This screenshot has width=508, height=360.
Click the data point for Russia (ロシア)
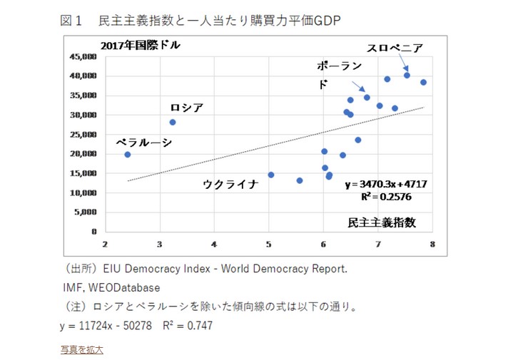point(173,122)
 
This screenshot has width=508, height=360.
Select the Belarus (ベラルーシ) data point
point(128,155)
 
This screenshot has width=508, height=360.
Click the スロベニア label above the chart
point(395,48)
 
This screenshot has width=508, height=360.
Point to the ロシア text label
point(187,108)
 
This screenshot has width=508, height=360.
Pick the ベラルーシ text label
point(144,143)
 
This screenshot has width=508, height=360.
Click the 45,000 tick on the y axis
point(84,56)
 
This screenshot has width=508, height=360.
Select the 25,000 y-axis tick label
point(84,134)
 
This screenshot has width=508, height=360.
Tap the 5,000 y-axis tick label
point(86,212)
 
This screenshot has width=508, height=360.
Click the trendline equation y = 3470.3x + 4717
point(386,184)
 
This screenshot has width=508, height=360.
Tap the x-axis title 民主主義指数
point(381,222)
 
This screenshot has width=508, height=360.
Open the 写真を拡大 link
point(82,349)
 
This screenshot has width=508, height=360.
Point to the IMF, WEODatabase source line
point(111,287)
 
